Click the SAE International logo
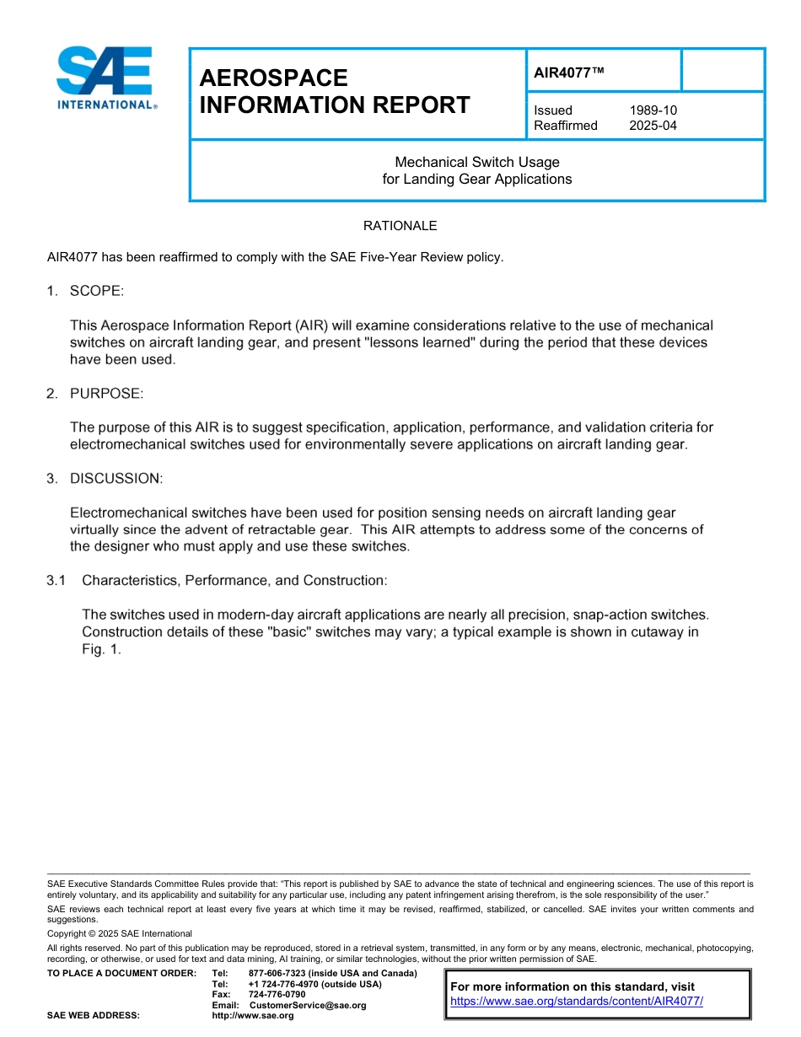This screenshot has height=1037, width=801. (105, 78)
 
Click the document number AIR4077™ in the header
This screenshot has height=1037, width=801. (569, 73)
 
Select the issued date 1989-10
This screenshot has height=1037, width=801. (653, 110)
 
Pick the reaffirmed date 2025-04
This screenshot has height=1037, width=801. (653, 126)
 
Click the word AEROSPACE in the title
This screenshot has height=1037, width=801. (273, 78)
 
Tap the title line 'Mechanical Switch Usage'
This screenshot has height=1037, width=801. (477, 162)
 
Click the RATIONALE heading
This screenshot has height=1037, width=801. (400, 226)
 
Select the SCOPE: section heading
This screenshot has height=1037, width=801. (96, 291)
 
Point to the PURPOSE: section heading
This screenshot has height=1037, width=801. (106, 393)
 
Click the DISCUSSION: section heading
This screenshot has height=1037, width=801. (116, 478)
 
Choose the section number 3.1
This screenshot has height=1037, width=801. (56, 580)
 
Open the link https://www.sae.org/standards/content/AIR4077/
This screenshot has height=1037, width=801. (576, 1002)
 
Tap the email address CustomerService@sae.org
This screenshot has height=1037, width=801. (308, 1005)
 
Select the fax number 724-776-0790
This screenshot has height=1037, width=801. (277, 995)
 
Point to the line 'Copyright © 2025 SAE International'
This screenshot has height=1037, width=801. (120, 933)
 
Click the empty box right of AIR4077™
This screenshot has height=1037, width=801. (722, 70)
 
